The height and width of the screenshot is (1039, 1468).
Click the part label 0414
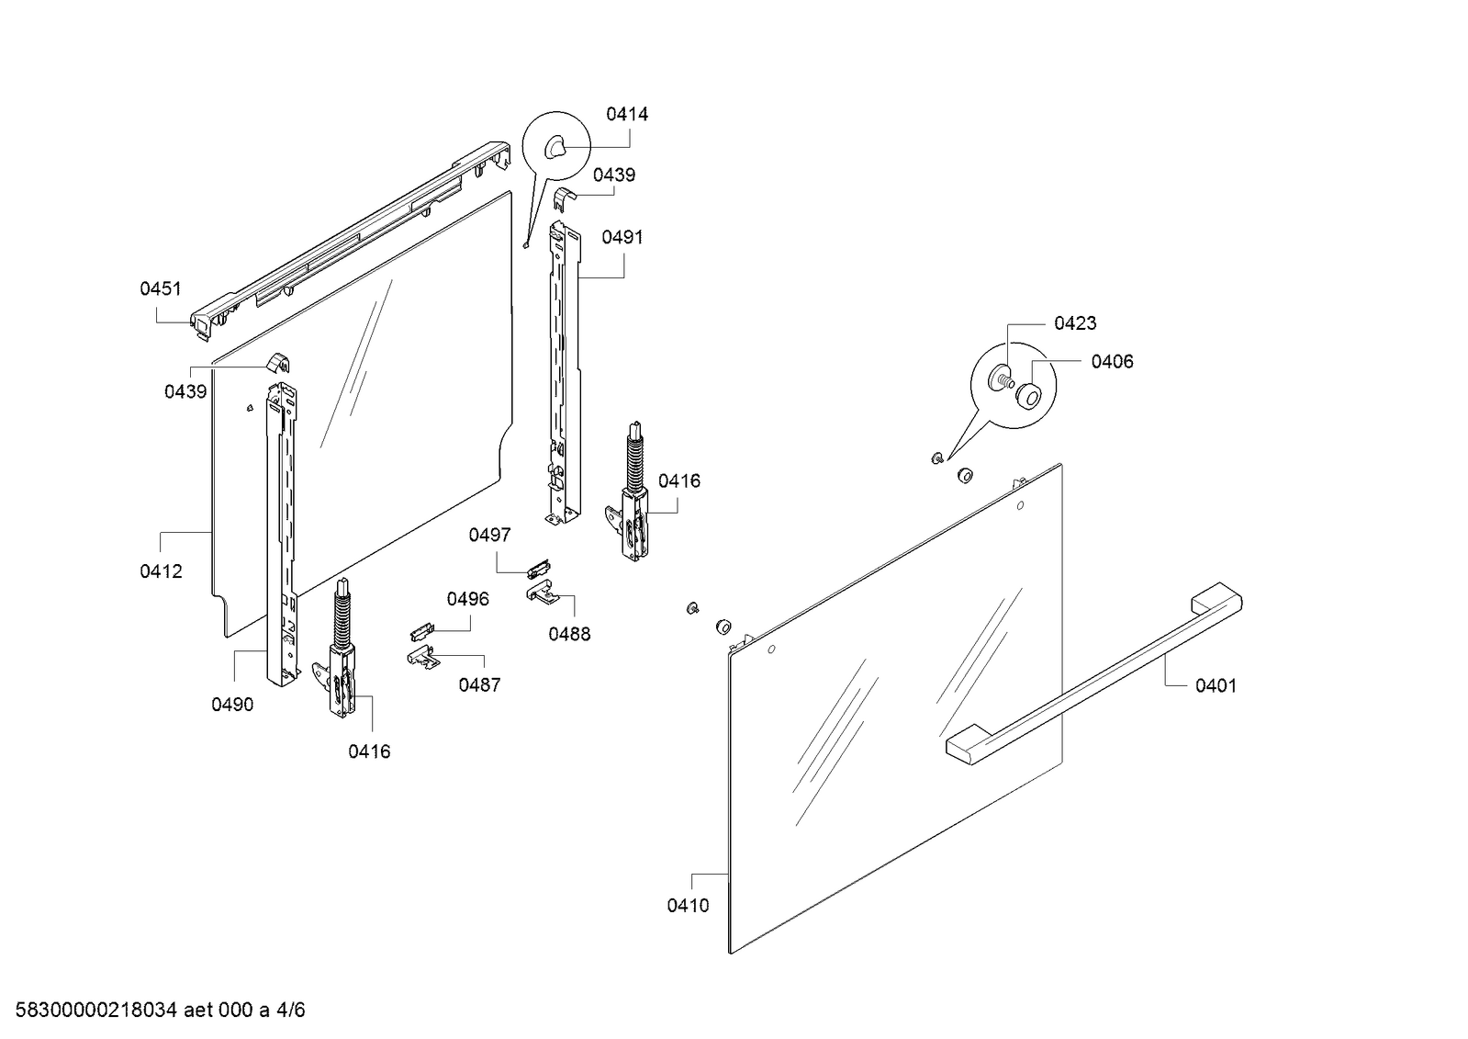click(x=626, y=115)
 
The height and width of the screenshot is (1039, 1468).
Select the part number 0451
click(x=161, y=289)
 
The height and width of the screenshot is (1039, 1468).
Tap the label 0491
click(x=622, y=238)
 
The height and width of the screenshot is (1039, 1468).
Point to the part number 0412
click(x=161, y=571)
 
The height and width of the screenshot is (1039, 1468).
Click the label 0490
click(x=232, y=705)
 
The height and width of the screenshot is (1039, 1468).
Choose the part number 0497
click(x=489, y=535)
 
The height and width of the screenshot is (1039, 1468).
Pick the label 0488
click(x=569, y=634)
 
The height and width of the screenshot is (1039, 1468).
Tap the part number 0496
click(x=468, y=599)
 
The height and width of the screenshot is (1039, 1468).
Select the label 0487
click(x=479, y=684)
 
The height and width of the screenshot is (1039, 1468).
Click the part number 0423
click(x=1075, y=323)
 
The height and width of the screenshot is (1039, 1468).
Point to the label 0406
click(x=1112, y=362)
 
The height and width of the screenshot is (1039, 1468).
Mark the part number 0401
click(x=1216, y=685)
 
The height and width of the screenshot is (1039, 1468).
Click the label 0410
click(x=688, y=906)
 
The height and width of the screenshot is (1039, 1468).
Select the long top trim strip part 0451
click(x=349, y=239)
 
